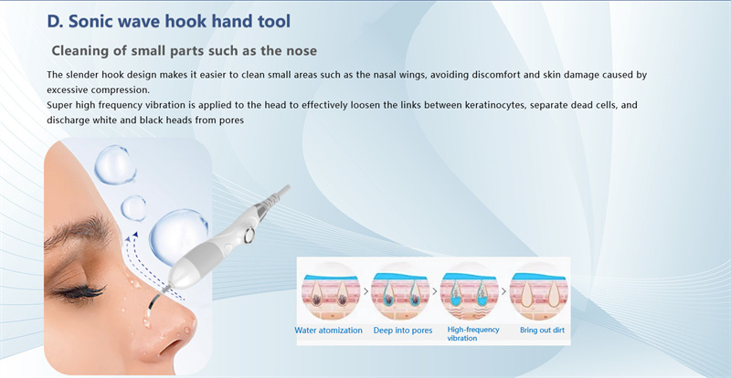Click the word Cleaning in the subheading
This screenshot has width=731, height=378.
tap(84, 49)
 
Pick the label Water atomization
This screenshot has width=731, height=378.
tap(328, 330)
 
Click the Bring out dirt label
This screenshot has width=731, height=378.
tap(541, 330)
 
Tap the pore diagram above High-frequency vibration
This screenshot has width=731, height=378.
tap(470, 289)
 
